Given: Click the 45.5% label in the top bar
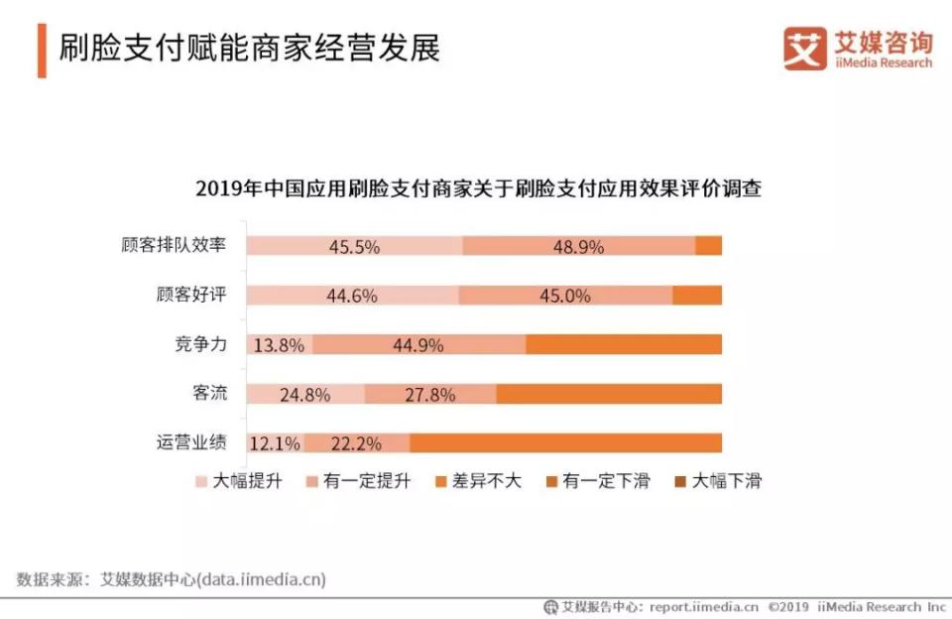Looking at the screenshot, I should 354,247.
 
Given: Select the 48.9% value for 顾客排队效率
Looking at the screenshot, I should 578,247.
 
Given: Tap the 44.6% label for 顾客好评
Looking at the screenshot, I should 352,296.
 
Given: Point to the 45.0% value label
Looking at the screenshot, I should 565,296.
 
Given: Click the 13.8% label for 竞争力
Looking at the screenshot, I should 279,345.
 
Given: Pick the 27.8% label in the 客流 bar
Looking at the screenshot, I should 430,394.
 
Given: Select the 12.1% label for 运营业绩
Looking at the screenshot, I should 275,442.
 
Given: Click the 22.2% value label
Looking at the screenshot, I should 357,442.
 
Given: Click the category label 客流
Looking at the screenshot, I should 210,393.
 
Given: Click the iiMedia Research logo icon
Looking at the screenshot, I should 804,48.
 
